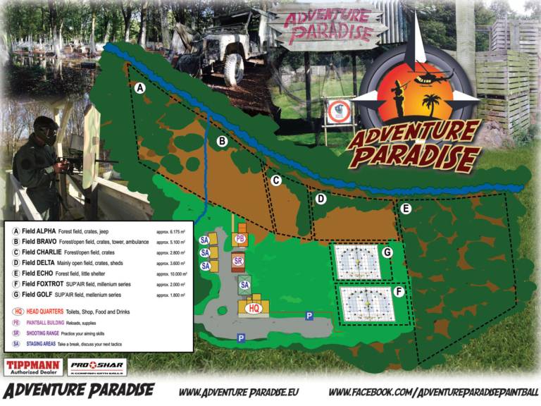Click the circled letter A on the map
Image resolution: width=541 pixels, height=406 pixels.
[x=139, y=88]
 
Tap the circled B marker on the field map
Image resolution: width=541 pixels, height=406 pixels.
[x=222, y=141]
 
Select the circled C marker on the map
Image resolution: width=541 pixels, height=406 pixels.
[x=276, y=180]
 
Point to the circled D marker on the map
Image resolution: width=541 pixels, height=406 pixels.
[x=321, y=199]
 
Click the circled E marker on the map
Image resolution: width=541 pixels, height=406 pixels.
[x=405, y=209]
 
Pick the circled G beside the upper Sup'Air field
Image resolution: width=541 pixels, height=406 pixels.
[x=387, y=252]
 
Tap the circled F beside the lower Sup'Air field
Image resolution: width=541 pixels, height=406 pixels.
[x=399, y=290]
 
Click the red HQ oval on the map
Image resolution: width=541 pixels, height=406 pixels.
[x=255, y=308]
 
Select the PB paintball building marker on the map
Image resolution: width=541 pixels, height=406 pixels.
[x=240, y=240]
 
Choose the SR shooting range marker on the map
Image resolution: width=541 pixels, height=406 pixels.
[x=238, y=261]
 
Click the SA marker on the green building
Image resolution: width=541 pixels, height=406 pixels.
[x=244, y=285]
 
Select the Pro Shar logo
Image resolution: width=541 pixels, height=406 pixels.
[x=97, y=367]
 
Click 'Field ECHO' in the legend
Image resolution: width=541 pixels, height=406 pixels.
[x=39, y=274]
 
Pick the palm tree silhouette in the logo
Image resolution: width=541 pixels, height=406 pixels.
[x=430, y=106]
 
